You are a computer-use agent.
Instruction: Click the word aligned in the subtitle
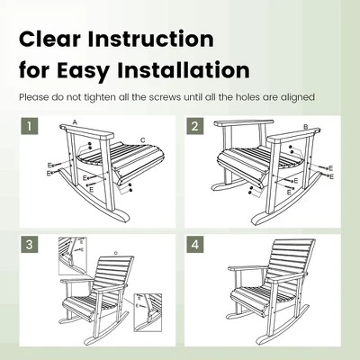(299, 96)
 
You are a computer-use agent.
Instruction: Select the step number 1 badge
(31, 127)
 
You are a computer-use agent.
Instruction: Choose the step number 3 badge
(31, 245)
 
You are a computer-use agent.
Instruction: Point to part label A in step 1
(75, 121)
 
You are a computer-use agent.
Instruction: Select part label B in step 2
(306, 127)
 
